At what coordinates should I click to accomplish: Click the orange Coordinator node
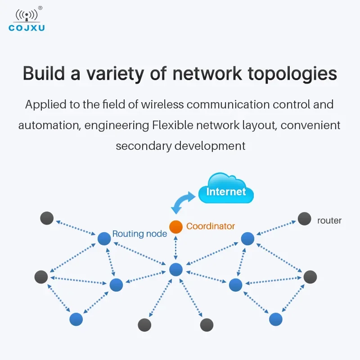pyautogui.click(x=176, y=227)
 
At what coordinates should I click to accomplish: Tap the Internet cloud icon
pyautogui.click(x=226, y=188)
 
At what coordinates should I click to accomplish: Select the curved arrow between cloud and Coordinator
pyautogui.click(x=183, y=202)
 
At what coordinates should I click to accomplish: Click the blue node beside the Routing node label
pyautogui.click(x=104, y=238)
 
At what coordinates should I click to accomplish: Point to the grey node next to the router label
pyautogui.click(x=305, y=219)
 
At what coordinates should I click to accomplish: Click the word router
pyautogui.click(x=329, y=220)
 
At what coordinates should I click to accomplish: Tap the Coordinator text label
pyautogui.click(x=211, y=226)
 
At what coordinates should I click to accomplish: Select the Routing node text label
pyautogui.click(x=139, y=234)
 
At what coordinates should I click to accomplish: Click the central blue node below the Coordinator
pyautogui.click(x=176, y=270)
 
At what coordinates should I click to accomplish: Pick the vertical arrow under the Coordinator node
pyautogui.click(x=176, y=248)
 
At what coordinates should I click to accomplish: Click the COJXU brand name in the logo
pyautogui.click(x=27, y=28)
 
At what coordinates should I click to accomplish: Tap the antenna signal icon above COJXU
pyautogui.click(x=27, y=16)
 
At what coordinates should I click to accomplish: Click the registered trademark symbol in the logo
pyautogui.click(x=40, y=8)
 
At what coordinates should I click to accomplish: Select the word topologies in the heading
pyautogui.click(x=292, y=74)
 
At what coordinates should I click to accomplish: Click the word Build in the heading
pyautogui.click(x=44, y=73)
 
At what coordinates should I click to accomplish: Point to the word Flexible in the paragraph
pyautogui.click(x=173, y=126)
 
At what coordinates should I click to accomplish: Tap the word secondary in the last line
pyautogui.click(x=144, y=146)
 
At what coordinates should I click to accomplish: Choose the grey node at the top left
pyautogui.click(x=47, y=218)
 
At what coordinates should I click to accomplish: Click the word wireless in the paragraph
pyautogui.click(x=162, y=104)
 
